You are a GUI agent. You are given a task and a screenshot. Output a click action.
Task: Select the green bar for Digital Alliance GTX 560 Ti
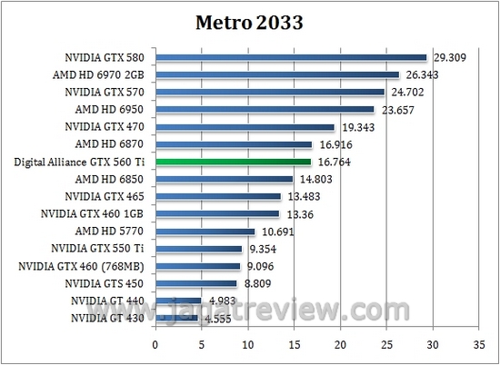coord(233,162)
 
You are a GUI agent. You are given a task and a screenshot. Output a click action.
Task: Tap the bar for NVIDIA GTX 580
coord(291,57)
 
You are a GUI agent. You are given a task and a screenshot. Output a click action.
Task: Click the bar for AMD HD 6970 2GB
coord(277,74)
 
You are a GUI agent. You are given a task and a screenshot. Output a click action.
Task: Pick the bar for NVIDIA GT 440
coord(178,301)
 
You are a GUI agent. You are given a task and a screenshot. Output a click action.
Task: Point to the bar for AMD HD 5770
coord(205,232)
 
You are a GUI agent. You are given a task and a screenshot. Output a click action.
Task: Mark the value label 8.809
coord(259,283)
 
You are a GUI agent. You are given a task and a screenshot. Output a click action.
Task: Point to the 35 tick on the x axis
coord(479,345)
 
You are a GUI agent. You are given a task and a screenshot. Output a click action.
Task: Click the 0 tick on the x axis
coord(155,345)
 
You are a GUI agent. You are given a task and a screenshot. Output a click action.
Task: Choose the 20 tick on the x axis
coord(340,345)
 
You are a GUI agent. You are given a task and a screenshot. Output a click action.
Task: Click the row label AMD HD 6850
coord(113,179)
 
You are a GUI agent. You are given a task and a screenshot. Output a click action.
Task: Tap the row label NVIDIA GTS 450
coord(105,283)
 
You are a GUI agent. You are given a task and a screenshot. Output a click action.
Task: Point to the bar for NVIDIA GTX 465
coord(218,196)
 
